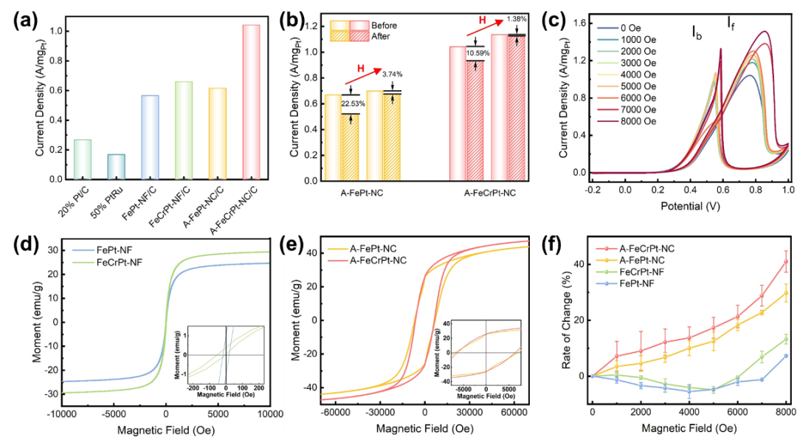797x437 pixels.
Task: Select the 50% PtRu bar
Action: (x=117, y=167)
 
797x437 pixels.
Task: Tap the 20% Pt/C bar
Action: (x=83, y=159)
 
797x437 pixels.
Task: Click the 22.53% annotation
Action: (x=351, y=104)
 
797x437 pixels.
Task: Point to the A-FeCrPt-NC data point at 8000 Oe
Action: (x=786, y=261)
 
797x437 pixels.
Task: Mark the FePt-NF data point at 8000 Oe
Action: (x=786, y=356)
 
